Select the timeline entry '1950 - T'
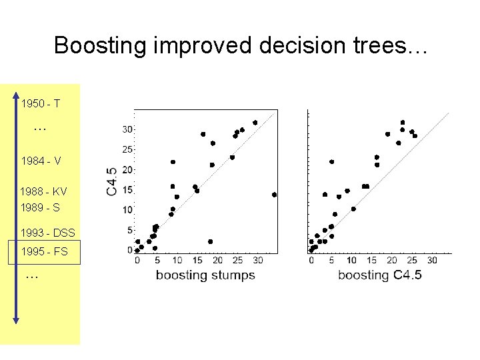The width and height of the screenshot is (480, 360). (41, 104)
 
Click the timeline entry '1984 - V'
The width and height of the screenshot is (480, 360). (41, 161)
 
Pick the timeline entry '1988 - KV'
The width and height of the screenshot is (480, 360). (43, 191)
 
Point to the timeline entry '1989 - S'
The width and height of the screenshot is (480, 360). (40, 207)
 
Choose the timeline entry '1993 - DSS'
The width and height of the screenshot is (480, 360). (48, 233)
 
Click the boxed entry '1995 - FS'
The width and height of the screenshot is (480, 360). (44, 253)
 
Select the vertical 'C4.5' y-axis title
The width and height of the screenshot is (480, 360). (112, 181)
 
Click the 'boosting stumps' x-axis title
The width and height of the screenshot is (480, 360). (205, 275)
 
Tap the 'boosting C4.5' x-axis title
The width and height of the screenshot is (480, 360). (379, 275)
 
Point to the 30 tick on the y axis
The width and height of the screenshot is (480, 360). (127, 129)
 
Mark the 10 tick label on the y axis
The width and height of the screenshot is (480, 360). (127, 210)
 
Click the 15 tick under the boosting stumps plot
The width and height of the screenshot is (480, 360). (197, 260)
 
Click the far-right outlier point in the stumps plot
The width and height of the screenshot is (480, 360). (274, 195)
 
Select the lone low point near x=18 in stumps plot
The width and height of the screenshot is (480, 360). (210, 241)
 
